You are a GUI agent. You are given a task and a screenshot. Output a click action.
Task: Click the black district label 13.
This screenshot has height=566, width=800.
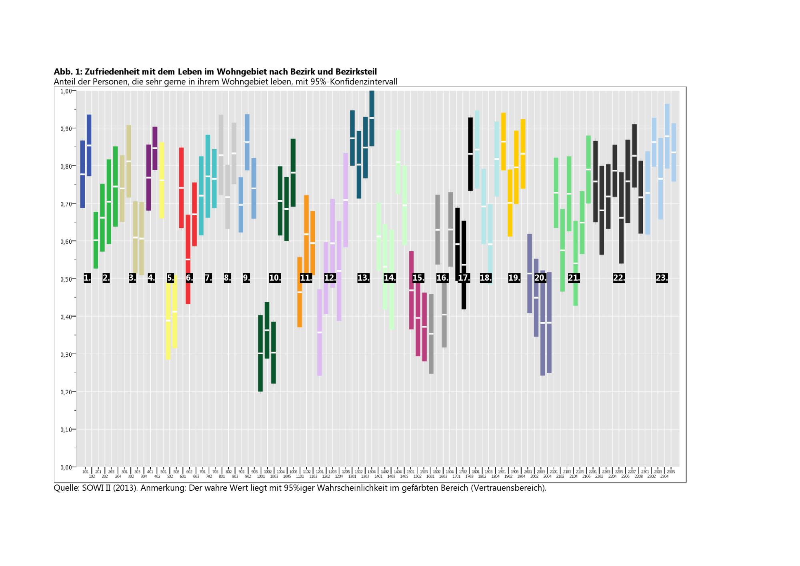tap(363, 278)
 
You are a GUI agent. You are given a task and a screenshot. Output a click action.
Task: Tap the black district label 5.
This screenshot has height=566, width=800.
tap(170, 278)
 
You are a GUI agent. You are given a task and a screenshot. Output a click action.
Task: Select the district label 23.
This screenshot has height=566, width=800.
tap(662, 278)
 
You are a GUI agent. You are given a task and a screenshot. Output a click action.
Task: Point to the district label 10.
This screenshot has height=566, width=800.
tap(275, 278)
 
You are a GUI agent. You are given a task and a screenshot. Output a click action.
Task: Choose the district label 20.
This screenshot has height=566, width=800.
tap(540, 278)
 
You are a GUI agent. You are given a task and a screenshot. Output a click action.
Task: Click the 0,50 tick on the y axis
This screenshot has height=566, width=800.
tap(66, 279)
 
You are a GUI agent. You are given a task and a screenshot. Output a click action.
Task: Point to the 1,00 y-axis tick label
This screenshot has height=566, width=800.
tap(66, 91)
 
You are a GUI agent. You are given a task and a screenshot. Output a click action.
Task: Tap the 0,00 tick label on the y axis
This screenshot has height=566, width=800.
tap(66, 467)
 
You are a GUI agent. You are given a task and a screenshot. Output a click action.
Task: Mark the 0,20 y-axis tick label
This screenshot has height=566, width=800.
tap(66, 392)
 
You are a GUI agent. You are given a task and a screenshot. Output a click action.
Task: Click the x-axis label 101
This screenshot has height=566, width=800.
tap(85, 472)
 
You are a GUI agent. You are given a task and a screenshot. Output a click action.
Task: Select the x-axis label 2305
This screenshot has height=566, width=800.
tap(671, 472)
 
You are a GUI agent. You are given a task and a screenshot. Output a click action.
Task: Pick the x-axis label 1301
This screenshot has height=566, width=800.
tap(352, 476)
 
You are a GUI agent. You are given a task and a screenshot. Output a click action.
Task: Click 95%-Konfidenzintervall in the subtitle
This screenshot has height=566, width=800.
tap(354, 82)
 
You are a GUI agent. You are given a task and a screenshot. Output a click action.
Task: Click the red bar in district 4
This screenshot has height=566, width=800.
tap(181, 188)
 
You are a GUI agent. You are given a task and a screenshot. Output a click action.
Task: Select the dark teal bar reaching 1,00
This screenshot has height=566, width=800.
tap(372, 118)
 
